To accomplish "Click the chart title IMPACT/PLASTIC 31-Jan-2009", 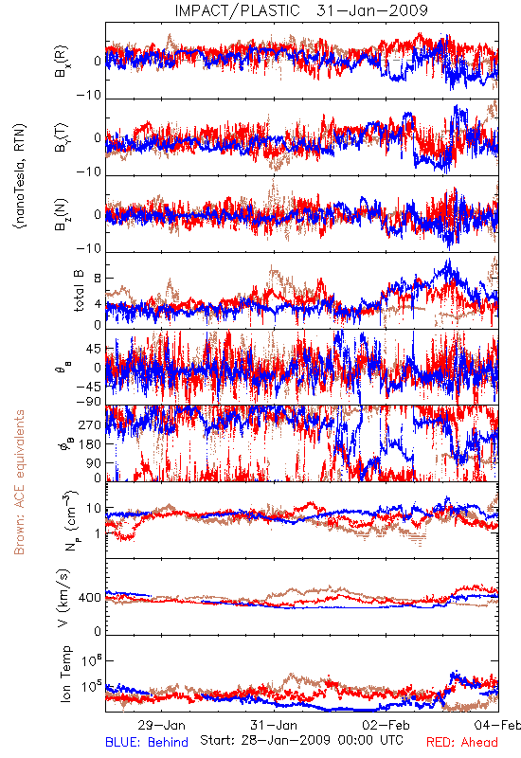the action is coord(301,10).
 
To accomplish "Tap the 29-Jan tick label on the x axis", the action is coord(161,725).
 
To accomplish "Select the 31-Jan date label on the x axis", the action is coord(274,725).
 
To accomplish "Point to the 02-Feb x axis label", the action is coord(386,725).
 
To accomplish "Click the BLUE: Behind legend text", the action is coord(147,742).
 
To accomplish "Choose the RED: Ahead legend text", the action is coord(462,742).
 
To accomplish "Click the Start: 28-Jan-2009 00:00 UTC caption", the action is coord(301,740).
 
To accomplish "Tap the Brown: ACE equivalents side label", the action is coord(19,482).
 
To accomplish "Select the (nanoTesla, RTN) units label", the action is coord(20,176).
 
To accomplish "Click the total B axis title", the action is coord(79,291).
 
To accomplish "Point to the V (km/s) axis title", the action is coord(63,598).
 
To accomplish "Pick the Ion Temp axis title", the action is coord(65,674).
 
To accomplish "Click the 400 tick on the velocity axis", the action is coord(90,598).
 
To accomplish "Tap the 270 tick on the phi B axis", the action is coord(90,424).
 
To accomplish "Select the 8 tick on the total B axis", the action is coord(98,278).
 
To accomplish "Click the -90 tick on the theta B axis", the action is coord(89,401).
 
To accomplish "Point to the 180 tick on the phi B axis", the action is coord(90,443).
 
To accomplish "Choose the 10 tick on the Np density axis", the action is coord(94,508).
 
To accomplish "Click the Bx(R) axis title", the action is coord(62,62).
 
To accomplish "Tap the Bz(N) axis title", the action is coord(62,214).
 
